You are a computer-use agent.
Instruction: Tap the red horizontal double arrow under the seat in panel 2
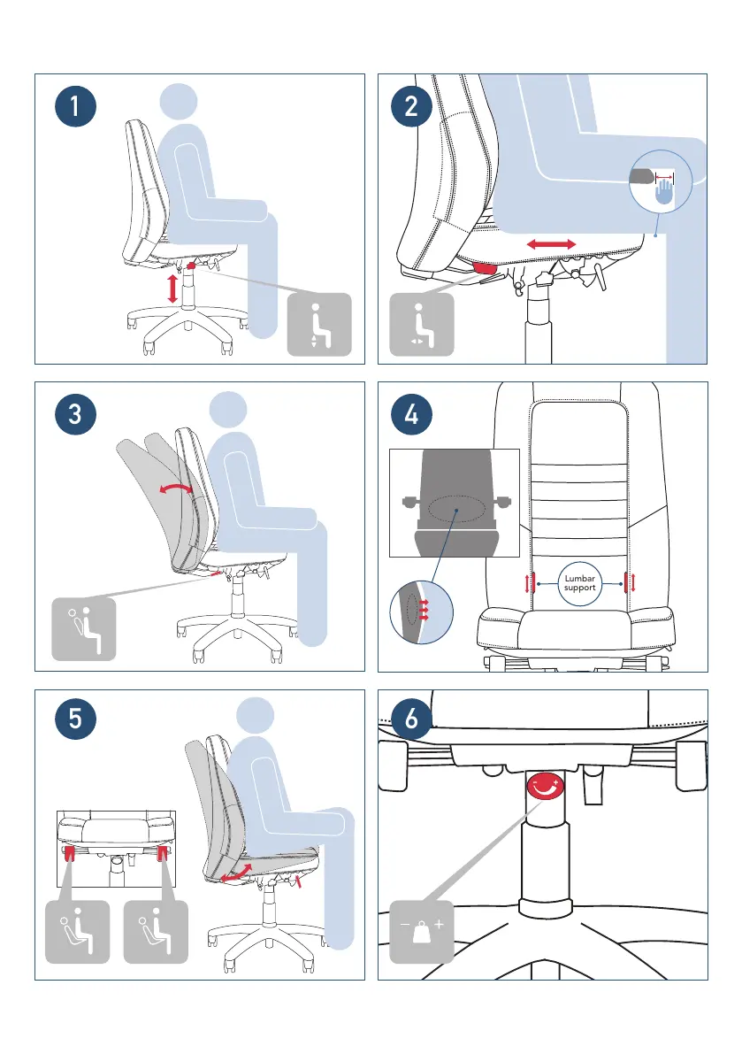pyautogui.click(x=552, y=243)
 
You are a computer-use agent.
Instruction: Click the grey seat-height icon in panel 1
pyautogui.click(x=319, y=325)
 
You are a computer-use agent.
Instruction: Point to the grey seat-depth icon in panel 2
pyautogui.click(x=421, y=325)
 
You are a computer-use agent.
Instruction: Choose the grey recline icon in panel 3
pyautogui.click(x=84, y=629)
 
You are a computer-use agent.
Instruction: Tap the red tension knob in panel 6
pyautogui.click(x=543, y=786)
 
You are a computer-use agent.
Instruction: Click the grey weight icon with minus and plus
pyautogui.click(x=421, y=932)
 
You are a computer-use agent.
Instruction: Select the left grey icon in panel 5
pyautogui.click(x=77, y=931)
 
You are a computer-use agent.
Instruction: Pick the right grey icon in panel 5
pyautogui.click(x=155, y=931)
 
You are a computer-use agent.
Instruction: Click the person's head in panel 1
pyautogui.click(x=180, y=100)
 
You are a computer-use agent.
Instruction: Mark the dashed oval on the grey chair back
pyautogui.click(x=455, y=510)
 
